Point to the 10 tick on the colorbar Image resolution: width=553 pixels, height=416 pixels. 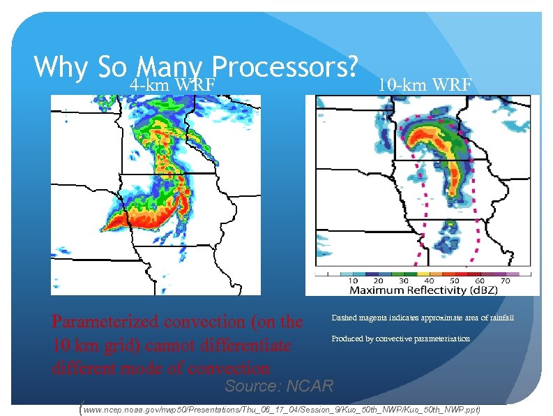click(x=354, y=280)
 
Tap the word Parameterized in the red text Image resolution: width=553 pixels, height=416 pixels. click(x=105, y=322)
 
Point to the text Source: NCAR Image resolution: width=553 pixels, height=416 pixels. click(x=279, y=386)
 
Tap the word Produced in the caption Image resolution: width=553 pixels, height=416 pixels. click(x=347, y=339)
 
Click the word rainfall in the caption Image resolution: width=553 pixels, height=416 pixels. click(x=499, y=318)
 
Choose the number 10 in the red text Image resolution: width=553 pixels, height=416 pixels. click(x=61, y=345)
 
